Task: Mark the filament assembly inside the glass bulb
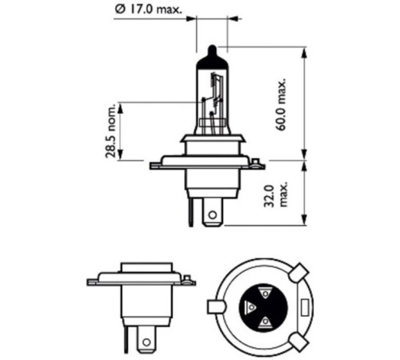click(213, 102)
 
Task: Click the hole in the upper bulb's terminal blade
click(211, 214)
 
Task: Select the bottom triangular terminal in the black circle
click(263, 322)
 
